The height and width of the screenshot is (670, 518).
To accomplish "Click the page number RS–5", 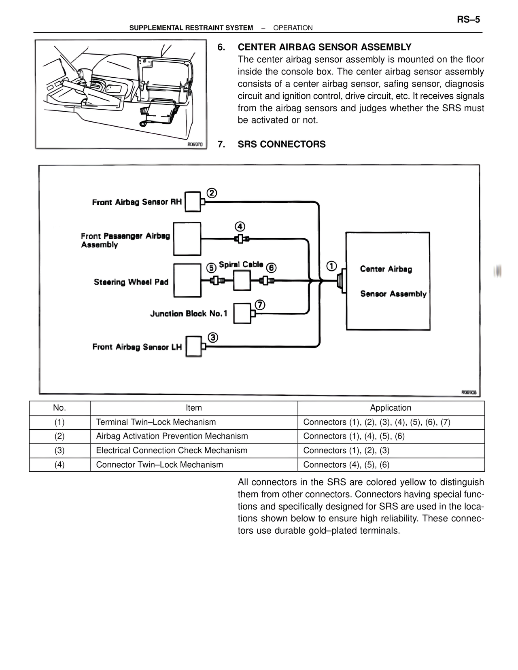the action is click(468, 19).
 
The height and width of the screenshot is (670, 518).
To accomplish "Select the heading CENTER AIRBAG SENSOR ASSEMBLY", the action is click(325, 47).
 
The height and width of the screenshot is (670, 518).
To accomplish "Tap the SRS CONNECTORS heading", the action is click(282, 144).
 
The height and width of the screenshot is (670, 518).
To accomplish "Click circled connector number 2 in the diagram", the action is click(212, 193).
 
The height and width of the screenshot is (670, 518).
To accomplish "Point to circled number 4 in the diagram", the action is click(240, 227).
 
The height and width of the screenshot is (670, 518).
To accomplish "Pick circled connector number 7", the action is click(260, 305).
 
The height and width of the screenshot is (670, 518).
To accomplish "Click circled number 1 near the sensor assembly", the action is click(331, 266).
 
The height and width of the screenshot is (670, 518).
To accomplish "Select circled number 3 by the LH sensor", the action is click(213, 337).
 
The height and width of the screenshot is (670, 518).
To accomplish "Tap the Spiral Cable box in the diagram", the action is click(242, 280).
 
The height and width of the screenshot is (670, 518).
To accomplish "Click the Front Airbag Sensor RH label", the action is click(137, 202).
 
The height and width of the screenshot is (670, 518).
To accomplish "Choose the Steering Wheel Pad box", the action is click(187, 280).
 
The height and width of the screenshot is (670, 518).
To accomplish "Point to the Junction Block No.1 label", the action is click(189, 314).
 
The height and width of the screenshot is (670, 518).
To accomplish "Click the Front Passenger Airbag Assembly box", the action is click(187, 239).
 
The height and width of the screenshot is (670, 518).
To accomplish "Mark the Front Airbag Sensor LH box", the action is click(193, 347).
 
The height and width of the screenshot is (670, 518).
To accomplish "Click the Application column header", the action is click(391, 407).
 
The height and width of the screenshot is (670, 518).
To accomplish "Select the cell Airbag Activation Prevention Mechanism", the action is click(172, 436).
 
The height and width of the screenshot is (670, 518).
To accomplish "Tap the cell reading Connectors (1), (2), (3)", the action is click(346, 450).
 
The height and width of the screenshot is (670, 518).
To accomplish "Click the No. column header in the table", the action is click(59, 407).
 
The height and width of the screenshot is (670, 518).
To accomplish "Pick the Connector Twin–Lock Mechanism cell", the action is click(159, 464).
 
